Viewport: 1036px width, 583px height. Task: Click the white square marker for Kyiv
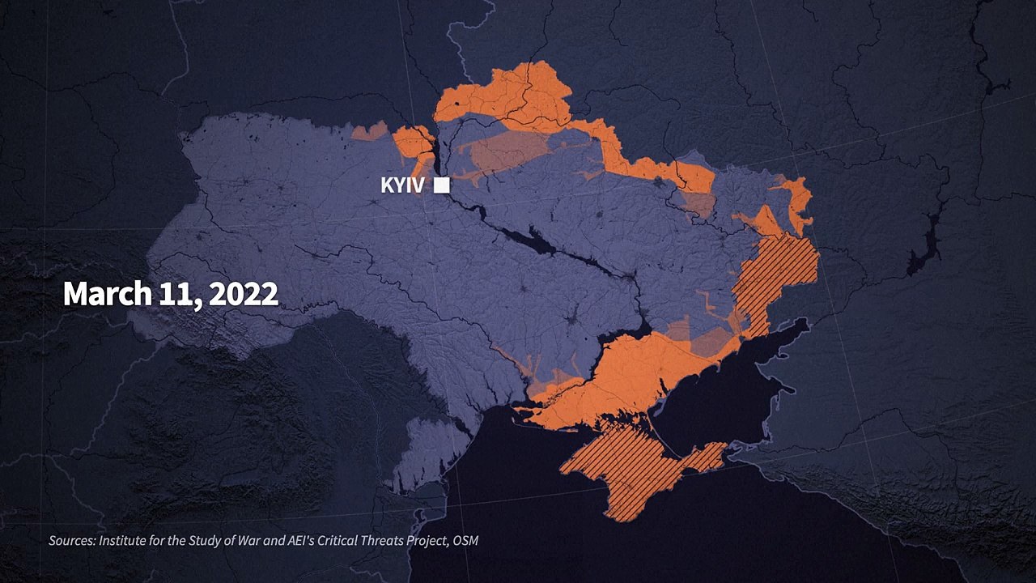pos(441,185)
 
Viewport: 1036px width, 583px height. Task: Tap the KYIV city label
pos(402,185)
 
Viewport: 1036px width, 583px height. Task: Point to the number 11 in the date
pos(176,293)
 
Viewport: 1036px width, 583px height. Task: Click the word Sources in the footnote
pos(71,540)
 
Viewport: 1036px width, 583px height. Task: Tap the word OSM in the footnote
pos(465,540)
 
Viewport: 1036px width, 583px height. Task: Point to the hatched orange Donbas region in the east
pos(773,275)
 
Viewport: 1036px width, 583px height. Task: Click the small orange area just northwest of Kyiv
pos(413,143)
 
